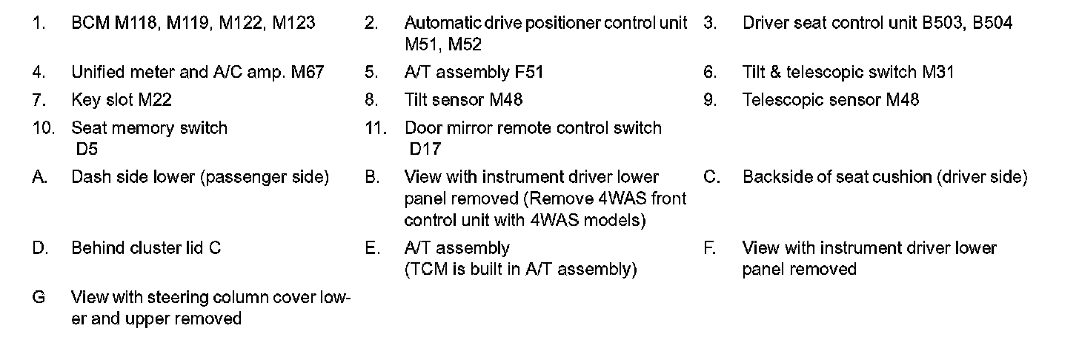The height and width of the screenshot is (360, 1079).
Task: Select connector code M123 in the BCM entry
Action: (x=293, y=23)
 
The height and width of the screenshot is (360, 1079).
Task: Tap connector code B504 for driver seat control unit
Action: (x=992, y=23)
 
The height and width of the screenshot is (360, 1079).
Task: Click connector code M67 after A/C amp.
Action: (x=308, y=73)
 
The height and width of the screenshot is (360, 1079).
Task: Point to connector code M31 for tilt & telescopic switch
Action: (x=938, y=73)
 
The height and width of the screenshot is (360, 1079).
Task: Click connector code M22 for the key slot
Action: (x=155, y=100)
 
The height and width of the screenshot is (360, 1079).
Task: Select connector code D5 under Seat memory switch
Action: (x=87, y=150)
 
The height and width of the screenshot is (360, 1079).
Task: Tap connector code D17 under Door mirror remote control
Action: (x=425, y=150)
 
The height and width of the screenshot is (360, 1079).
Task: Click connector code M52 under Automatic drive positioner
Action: (x=465, y=45)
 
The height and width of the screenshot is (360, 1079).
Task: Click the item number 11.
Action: (x=376, y=128)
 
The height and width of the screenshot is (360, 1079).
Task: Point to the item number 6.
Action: (x=710, y=73)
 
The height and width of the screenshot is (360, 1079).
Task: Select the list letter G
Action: (x=39, y=298)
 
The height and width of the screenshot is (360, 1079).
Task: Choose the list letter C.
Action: (x=710, y=178)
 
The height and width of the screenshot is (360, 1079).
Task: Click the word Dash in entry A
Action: (x=87, y=178)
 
